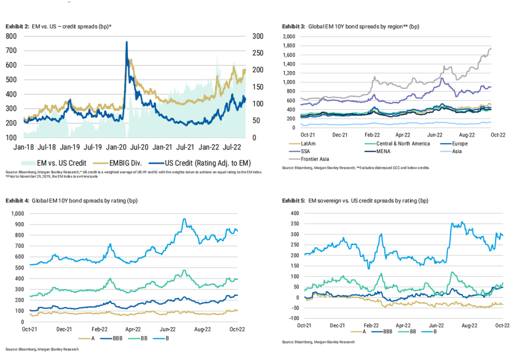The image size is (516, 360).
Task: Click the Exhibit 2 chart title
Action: tap(58, 26)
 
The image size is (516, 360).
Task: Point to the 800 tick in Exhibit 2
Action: tap(12, 36)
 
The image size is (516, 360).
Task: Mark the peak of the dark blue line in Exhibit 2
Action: tap(126, 42)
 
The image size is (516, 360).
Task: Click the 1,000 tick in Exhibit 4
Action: tap(18, 213)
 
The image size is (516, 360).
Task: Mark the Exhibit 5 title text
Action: tap(355, 201)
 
